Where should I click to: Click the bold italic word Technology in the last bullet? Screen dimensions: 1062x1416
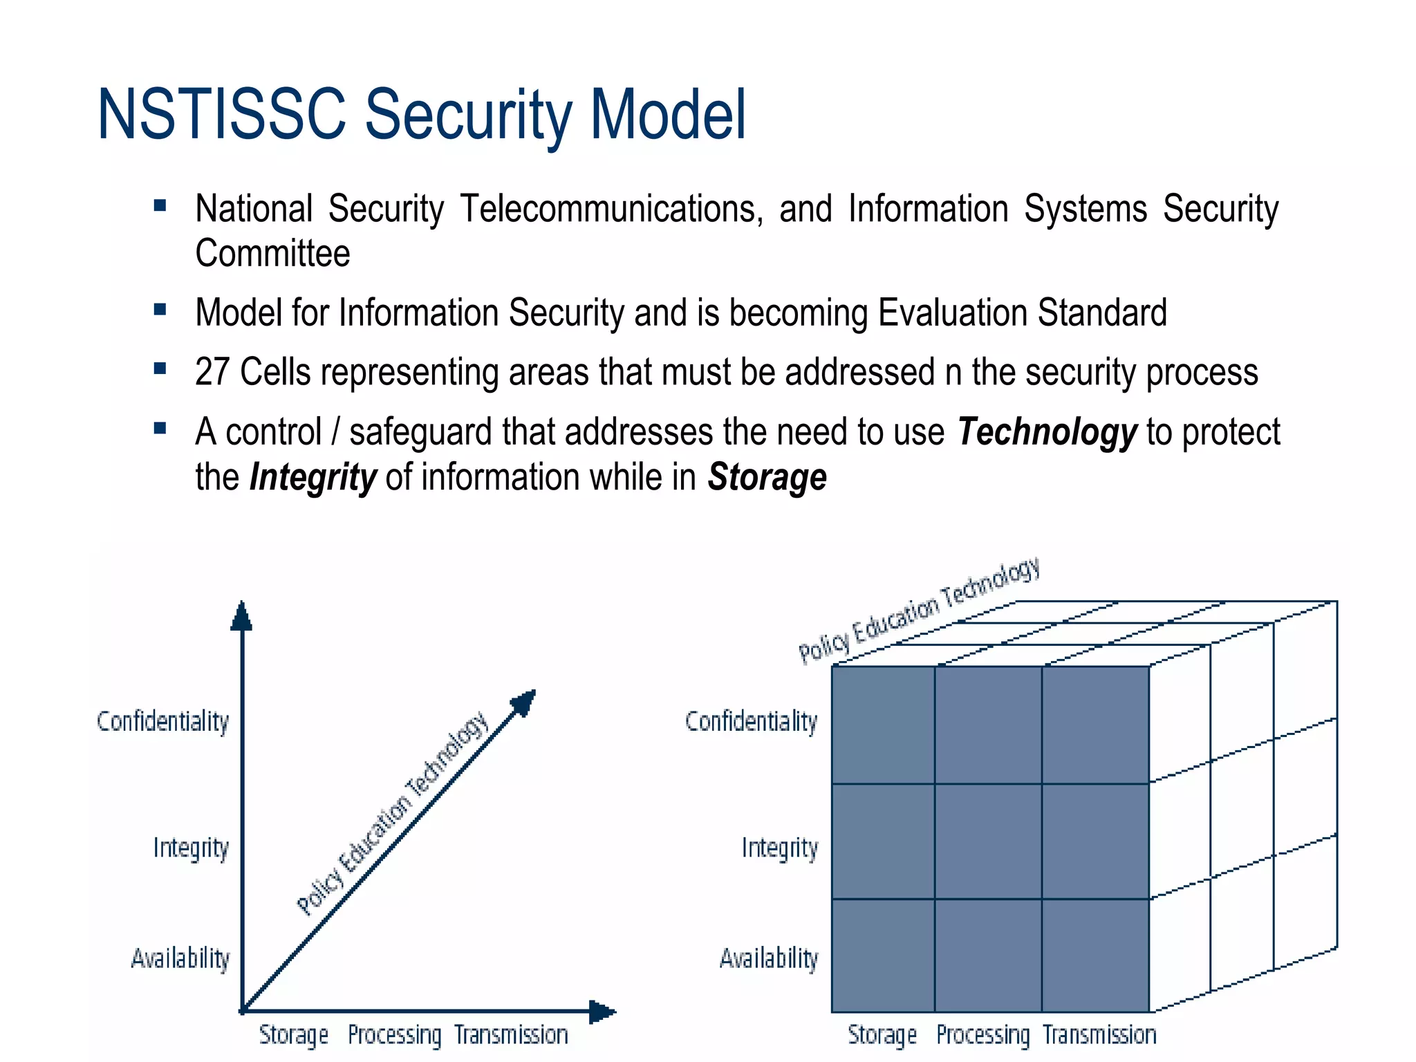(x=1047, y=433)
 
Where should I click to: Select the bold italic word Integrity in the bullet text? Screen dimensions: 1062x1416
(x=313, y=478)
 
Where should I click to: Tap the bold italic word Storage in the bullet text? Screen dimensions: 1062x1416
(x=767, y=478)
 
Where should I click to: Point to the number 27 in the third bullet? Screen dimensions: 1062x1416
(x=212, y=372)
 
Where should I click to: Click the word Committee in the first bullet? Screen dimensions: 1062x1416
(x=272, y=253)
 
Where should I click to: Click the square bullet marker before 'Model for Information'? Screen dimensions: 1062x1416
(x=160, y=309)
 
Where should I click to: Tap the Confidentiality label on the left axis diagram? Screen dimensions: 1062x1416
(x=163, y=721)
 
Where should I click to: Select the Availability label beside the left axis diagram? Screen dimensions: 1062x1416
(x=180, y=959)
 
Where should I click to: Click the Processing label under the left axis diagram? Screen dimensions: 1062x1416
(x=394, y=1035)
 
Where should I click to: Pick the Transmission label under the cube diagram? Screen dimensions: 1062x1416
(x=1099, y=1035)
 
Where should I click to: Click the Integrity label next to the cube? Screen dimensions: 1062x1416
(x=780, y=848)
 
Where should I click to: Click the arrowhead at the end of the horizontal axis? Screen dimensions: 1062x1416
(x=602, y=1012)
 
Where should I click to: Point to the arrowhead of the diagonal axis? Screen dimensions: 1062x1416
(x=525, y=702)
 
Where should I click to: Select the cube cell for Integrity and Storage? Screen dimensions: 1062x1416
(x=883, y=841)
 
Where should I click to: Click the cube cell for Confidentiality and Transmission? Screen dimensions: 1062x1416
(x=1095, y=725)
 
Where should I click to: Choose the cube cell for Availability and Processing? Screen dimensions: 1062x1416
(x=988, y=956)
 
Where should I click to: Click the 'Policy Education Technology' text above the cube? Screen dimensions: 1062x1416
(x=920, y=610)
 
